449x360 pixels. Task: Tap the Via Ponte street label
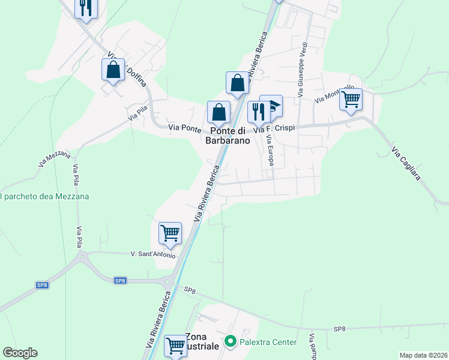(x=184, y=128)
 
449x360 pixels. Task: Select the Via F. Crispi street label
(x=274, y=129)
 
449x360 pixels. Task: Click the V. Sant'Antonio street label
(x=153, y=255)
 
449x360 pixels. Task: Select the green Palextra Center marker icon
(x=230, y=342)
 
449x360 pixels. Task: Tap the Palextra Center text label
(x=268, y=342)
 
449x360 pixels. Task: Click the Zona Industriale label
(x=202, y=341)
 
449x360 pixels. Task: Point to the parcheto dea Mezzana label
(x=44, y=196)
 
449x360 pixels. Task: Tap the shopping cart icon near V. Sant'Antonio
(x=170, y=233)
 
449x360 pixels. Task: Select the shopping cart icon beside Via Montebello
(x=351, y=98)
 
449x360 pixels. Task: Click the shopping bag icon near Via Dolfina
(x=113, y=70)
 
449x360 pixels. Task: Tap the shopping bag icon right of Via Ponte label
(x=218, y=112)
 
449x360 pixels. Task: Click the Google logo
(x=20, y=353)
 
